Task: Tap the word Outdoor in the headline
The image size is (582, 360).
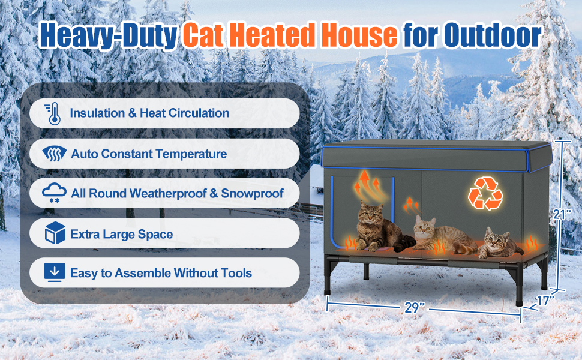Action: (x=493, y=35)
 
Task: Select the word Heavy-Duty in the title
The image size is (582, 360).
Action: (x=109, y=36)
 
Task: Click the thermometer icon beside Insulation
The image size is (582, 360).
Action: (x=53, y=113)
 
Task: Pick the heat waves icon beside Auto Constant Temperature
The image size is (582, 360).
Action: (x=54, y=154)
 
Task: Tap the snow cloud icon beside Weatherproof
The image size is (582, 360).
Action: (x=54, y=193)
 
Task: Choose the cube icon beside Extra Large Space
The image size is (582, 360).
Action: (x=55, y=233)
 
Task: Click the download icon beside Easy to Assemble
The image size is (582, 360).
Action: (x=54, y=272)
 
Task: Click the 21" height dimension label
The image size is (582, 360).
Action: (x=561, y=214)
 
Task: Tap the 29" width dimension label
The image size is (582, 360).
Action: (x=415, y=308)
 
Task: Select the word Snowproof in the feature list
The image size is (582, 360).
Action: (x=252, y=193)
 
